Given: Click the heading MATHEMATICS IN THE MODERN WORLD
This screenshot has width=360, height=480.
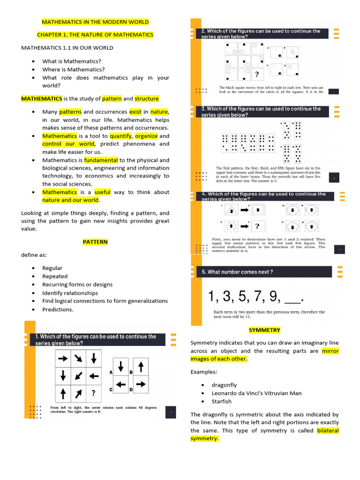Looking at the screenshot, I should [x=95, y=22].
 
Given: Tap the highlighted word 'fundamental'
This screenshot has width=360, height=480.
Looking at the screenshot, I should [x=101, y=160].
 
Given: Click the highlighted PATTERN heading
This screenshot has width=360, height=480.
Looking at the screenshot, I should [x=95, y=242].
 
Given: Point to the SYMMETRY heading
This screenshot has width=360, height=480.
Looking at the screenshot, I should [x=264, y=330].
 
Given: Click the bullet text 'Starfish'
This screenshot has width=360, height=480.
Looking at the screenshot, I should [x=221, y=401].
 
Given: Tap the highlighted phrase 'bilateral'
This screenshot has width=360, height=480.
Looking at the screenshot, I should [x=328, y=430].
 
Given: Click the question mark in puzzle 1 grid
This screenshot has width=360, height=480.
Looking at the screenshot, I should [x=93, y=393].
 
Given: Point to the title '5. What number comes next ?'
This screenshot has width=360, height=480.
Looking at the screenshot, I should [x=238, y=272].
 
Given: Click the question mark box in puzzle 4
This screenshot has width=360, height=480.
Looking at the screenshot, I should [x=257, y=226].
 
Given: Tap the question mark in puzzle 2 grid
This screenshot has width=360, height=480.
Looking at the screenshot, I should [x=257, y=74].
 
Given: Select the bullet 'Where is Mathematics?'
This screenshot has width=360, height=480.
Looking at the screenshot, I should [x=74, y=69].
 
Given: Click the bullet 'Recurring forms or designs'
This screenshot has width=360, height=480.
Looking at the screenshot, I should [x=77, y=285].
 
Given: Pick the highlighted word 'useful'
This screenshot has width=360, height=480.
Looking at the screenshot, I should [x=102, y=192].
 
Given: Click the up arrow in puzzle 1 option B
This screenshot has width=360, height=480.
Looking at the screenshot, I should [x=141, y=366].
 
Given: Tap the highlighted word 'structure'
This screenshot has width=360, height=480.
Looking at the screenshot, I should [x=147, y=99].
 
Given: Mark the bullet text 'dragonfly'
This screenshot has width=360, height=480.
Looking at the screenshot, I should [x=224, y=385].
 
